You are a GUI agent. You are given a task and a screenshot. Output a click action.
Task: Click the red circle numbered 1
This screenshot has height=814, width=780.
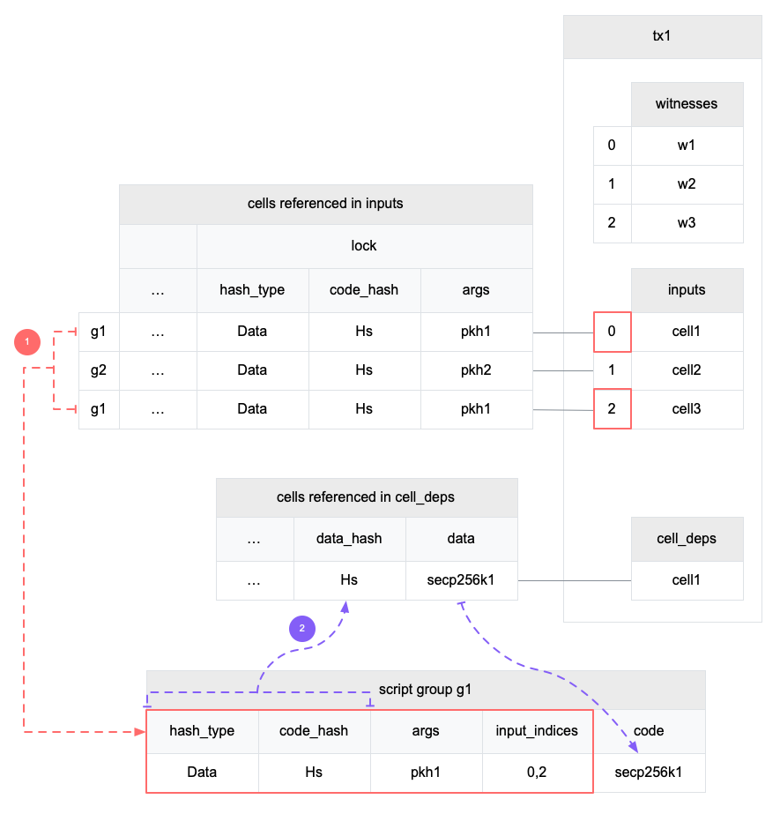coord(27,341)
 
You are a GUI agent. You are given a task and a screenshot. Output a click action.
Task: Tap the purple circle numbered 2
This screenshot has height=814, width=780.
coord(302,628)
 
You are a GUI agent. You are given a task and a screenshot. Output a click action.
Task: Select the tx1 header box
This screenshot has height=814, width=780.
coord(663,37)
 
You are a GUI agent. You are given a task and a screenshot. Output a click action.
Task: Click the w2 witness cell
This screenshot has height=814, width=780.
coord(687,184)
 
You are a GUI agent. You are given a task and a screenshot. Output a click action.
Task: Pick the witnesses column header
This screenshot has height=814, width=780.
coord(687,104)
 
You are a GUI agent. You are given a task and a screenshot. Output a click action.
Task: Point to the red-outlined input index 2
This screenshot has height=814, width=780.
coord(613,409)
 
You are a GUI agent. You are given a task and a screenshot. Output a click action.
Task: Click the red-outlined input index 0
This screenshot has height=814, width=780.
coord(613,332)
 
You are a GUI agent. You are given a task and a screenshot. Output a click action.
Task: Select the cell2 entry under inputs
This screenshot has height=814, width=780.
coord(687,370)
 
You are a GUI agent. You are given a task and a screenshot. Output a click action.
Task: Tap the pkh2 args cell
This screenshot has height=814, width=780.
coord(476,370)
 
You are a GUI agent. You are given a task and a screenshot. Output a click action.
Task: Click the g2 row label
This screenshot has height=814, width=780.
coord(99,370)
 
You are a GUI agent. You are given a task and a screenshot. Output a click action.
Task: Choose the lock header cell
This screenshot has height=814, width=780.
coord(364,246)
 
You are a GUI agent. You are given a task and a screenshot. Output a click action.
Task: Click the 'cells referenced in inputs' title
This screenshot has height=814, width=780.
coord(325,204)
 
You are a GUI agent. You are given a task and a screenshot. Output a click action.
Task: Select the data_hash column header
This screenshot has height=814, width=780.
coord(350,538)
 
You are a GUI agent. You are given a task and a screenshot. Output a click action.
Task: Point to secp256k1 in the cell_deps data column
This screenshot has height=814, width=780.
coord(461,580)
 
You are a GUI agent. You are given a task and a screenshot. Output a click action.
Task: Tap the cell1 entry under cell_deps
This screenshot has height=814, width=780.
coord(687,580)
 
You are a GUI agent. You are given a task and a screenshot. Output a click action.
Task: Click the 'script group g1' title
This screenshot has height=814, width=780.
coord(426,690)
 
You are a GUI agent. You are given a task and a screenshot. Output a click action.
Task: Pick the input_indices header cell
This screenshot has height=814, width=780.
coord(537,730)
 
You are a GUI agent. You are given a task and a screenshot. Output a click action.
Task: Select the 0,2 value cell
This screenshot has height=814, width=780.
coord(537,772)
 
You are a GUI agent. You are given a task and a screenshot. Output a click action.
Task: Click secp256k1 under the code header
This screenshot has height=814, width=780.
coord(649,772)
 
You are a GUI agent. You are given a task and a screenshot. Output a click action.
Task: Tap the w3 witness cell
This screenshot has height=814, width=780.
coord(687,223)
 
